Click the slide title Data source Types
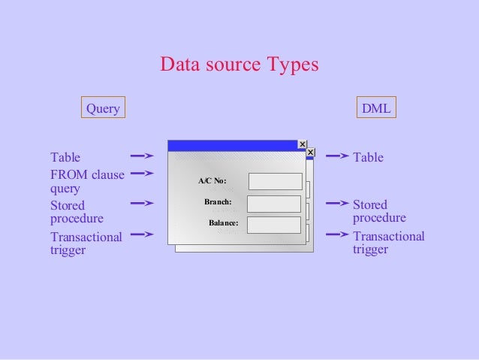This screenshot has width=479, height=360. (239, 65)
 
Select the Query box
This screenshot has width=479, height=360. (103, 108)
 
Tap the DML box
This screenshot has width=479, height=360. (376, 108)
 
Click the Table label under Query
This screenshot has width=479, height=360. (65, 157)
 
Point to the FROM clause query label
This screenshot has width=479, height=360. (87, 182)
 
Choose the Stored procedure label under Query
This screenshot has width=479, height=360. (77, 212)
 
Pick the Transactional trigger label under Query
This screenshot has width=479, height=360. (86, 244)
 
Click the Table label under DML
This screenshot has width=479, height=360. (368, 157)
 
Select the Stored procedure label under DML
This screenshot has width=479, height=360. (379, 211)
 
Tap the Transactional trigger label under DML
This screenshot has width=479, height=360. (388, 243)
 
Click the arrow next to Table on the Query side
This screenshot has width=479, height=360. (142, 156)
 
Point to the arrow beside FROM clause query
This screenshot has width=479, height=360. (142, 174)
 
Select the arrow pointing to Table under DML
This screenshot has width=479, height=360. (337, 156)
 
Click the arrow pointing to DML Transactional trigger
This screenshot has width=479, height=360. (337, 234)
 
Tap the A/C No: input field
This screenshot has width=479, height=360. (275, 181)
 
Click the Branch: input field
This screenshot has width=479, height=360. (273, 204)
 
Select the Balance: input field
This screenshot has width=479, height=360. (273, 225)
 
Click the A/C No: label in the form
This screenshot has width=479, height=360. (212, 181)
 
